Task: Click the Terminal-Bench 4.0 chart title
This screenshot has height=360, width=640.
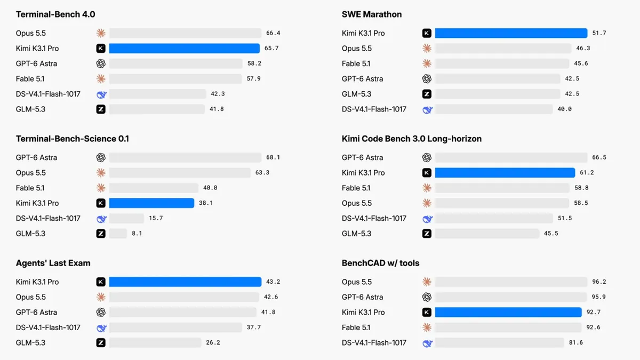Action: tap(55, 14)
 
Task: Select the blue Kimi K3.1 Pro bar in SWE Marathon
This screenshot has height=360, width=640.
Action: tap(511, 33)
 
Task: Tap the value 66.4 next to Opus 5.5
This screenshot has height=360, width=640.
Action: tap(273, 33)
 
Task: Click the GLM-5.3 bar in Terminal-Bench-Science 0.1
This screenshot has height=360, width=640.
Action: tap(118, 234)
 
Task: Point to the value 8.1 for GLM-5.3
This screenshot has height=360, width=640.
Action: tap(137, 234)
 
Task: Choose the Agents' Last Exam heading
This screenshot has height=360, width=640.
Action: tap(53, 263)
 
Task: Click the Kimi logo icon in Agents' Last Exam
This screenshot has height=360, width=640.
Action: tap(101, 282)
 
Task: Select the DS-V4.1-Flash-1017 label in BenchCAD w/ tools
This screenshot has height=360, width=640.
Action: tap(374, 342)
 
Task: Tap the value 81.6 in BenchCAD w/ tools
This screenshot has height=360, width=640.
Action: tap(575, 342)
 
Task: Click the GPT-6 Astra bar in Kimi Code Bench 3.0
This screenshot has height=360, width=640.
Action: tap(511, 157)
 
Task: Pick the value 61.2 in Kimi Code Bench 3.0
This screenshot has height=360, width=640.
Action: tap(587, 173)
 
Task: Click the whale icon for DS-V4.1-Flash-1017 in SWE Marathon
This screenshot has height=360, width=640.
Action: tap(427, 109)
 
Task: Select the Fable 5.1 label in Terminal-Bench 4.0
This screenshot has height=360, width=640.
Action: tap(30, 78)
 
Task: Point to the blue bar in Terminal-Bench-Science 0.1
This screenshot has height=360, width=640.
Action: tap(151, 203)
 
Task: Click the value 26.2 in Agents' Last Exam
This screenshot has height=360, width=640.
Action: tap(213, 342)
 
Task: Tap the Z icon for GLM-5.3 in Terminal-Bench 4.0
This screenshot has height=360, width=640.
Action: tap(101, 109)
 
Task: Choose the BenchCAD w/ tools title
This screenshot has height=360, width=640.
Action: tap(380, 263)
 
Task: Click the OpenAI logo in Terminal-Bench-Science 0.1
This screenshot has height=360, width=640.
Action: tap(101, 157)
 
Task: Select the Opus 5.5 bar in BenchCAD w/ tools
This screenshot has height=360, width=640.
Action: tap(511, 282)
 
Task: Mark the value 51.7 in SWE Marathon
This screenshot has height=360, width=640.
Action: tap(599, 33)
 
